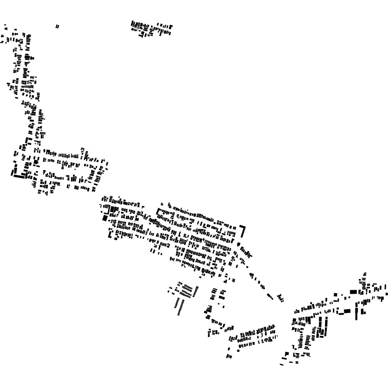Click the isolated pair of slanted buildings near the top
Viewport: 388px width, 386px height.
pos(57,27)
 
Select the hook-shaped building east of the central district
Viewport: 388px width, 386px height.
pos(243,231)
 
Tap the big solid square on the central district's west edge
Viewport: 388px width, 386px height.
pos(105,218)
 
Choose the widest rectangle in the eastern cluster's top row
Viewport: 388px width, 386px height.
pos(353,292)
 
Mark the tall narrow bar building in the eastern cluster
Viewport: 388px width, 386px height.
pos(357,311)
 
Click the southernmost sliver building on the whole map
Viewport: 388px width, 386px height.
pos(282,364)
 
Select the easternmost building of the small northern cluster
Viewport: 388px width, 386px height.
pos(171,28)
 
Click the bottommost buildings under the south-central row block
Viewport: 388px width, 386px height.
pos(229,356)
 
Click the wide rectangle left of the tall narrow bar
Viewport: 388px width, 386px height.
pos(347,311)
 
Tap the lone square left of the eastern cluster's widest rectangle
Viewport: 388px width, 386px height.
pos(336,295)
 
